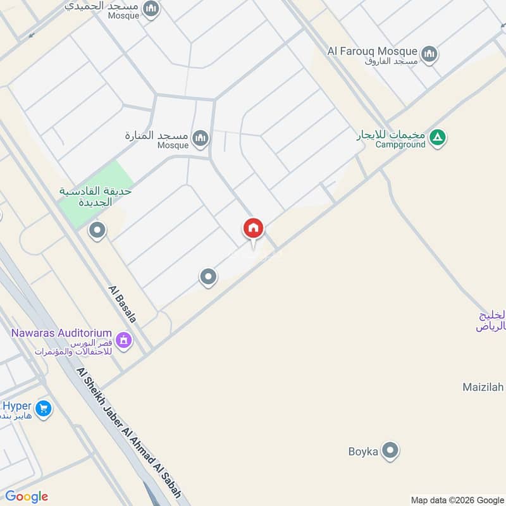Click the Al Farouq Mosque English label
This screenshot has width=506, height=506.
373,51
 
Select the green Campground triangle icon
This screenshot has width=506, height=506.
438,137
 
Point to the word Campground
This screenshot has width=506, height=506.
400,144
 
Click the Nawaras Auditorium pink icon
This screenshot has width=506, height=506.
123,340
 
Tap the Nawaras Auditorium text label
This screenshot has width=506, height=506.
61,333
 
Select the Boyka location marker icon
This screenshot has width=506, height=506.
392,451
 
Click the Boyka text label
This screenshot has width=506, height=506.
363,452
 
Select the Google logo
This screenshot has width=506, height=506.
27,497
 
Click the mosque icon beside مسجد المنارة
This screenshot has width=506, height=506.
201,138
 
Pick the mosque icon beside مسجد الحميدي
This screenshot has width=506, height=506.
151,9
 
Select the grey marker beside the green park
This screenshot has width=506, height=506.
97,231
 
